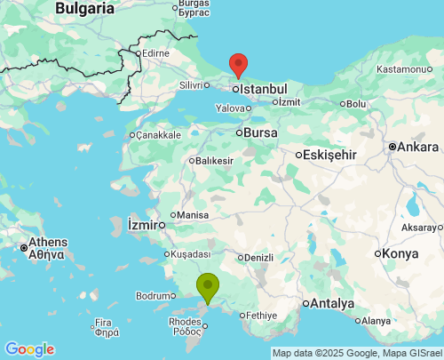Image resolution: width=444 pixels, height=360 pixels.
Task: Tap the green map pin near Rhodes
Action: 207,286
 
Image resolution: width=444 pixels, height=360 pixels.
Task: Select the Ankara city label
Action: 417,147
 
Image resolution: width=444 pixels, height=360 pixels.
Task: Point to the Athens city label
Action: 48,242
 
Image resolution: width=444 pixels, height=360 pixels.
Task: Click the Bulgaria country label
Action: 85,8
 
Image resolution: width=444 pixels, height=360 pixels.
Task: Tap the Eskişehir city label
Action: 330,155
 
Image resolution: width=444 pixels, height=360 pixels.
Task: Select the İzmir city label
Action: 144,223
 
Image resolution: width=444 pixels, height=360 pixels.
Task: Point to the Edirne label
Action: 155,53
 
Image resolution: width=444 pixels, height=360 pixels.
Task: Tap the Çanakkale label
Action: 157,135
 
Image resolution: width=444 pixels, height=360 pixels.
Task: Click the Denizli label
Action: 258,258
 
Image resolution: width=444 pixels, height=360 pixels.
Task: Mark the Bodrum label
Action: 153,296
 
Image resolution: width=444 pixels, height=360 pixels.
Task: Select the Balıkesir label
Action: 214,161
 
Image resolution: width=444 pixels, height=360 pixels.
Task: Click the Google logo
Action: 29,349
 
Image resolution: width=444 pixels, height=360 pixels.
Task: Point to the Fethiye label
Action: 263,315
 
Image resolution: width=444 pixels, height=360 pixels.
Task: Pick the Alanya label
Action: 376,321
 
